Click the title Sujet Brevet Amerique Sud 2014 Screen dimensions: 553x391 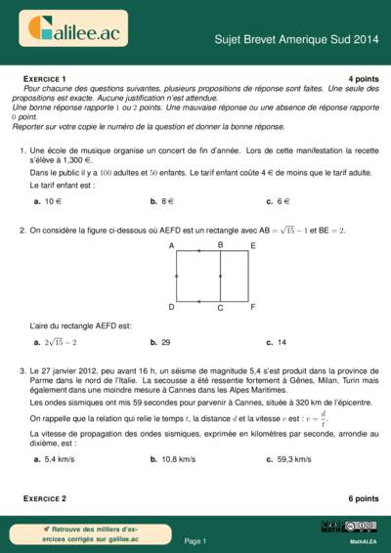[295, 40]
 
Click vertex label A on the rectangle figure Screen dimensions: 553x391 [171, 246]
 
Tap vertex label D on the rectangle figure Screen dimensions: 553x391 [171, 307]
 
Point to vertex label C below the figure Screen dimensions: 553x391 [220, 309]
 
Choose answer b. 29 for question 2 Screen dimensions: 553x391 [161, 343]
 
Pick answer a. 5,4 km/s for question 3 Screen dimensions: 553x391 [55, 459]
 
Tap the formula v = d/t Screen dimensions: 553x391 [312, 418]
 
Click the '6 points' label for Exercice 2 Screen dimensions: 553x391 [363, 498]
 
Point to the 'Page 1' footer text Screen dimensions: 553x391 [195, 540]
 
